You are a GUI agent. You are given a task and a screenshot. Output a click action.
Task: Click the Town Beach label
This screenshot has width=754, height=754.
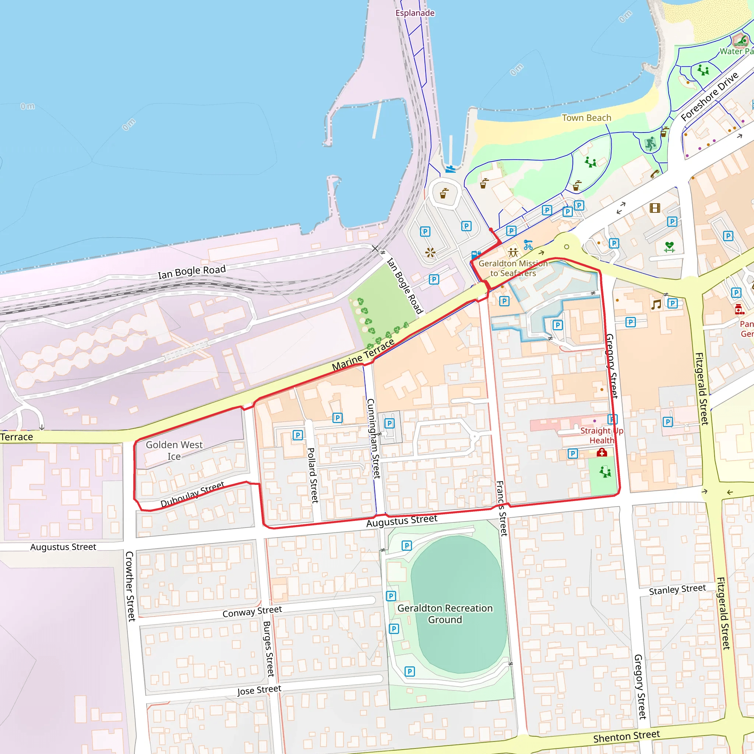(x=586, y=118)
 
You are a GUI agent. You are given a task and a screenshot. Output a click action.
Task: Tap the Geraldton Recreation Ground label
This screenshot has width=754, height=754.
(x=445, y=614)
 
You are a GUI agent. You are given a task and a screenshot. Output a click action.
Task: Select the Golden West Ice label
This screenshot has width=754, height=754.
(x=174, y=450)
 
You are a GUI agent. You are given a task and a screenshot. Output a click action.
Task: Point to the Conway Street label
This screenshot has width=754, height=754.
(x=252, y=612)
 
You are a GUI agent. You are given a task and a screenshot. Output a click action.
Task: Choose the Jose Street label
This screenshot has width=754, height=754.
(x=259, y=690)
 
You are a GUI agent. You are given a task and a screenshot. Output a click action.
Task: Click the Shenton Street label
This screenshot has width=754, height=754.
(x=626, y=736)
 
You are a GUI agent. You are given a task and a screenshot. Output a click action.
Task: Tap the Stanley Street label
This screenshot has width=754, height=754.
(x=677, y=590)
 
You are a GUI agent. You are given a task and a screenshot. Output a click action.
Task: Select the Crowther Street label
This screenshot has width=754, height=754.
(x=130, y=586)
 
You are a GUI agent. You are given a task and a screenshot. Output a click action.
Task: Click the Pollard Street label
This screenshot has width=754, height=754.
(x=313, y=475)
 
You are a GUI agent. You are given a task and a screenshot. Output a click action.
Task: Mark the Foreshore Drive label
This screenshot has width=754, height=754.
(x=709, y=96)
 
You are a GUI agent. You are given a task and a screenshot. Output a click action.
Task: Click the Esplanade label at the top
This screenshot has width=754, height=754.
(x=415, y=13)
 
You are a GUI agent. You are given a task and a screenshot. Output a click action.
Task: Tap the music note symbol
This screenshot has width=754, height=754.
(x=656, y=304)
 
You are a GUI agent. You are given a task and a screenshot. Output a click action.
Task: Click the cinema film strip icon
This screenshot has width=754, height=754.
(x=655, y=208)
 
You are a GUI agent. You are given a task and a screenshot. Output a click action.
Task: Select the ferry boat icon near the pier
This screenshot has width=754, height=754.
(x=450, y=169)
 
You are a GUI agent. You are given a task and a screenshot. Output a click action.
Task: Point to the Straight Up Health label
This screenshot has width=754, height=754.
(x=602, y=435)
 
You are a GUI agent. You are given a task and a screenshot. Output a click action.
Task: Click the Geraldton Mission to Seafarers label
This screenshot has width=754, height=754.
(x=513, y=268)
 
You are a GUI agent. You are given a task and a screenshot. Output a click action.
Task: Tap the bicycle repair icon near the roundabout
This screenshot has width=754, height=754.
(x=528, y=245)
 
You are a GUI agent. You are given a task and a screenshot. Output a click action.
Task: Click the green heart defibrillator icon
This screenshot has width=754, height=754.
(x=669, y=246)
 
